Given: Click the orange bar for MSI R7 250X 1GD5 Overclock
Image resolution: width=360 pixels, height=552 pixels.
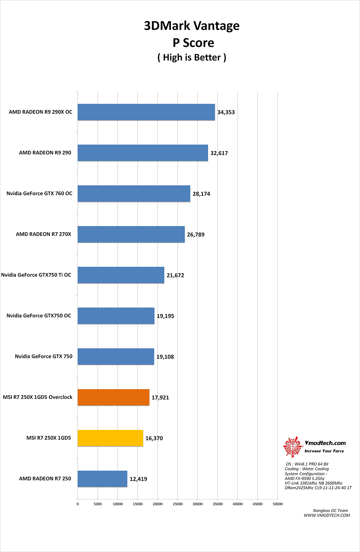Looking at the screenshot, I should pos(113,397).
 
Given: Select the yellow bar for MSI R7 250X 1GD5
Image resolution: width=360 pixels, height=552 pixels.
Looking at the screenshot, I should pos(110,438).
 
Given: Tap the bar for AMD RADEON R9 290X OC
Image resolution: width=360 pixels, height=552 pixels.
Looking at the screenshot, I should pos(146,112).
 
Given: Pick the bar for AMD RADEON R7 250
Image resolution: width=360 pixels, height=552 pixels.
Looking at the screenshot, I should pos(102,479).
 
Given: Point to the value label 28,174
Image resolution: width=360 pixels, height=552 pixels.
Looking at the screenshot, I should pos(201,194).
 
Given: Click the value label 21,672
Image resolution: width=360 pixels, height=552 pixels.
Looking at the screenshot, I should pos(175,275).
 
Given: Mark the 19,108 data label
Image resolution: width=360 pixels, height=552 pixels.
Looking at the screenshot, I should pos(165,357).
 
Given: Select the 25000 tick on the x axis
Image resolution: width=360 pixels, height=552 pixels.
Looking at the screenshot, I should pos(178,504).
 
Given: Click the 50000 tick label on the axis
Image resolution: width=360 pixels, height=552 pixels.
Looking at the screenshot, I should pos(278,504).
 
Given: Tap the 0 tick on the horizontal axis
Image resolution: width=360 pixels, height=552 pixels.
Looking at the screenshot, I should pos(78,504).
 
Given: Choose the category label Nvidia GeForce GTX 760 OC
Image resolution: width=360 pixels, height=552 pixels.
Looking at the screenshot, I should pos(39,193).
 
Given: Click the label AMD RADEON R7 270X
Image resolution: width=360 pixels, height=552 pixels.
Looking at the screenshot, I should pos(43,234).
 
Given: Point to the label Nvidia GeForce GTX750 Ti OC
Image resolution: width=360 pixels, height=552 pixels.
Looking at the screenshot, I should pos(36,275).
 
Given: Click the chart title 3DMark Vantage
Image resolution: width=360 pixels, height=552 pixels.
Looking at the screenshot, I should pos(192,26).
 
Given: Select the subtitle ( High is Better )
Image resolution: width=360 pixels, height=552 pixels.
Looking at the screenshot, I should pos(192,57).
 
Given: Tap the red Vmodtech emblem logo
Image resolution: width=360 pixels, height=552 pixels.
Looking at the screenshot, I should pos(292,446).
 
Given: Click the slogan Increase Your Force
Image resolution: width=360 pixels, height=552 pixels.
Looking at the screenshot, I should pos(324,451).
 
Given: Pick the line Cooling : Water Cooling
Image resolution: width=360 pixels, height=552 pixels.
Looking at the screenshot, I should pos(307,469).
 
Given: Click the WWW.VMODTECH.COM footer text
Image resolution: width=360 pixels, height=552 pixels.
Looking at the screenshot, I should pos(327,515).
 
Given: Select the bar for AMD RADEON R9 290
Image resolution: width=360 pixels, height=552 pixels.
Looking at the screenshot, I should pos(143,153).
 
